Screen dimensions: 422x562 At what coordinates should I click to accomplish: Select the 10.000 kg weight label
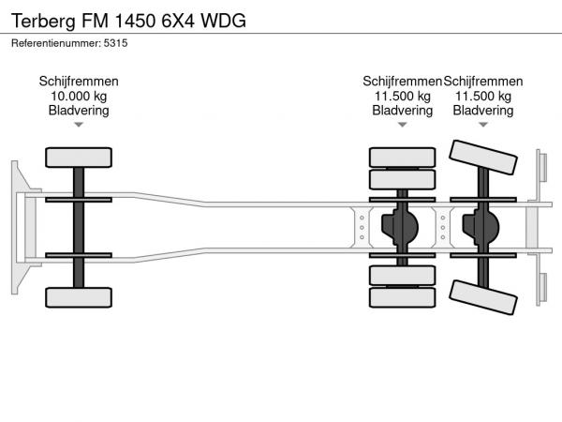pos(79,96)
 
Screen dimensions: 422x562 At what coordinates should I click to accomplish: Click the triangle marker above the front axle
pos(79,125)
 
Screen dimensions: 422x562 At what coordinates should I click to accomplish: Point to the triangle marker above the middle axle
pos(402,125)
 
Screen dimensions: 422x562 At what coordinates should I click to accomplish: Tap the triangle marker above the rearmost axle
pos(483,125)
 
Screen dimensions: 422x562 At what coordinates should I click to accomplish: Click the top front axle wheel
pos(80,156)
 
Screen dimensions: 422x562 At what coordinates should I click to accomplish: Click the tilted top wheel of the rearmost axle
pos(483,158)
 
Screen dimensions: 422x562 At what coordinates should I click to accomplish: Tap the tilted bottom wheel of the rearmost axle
pos(483,297)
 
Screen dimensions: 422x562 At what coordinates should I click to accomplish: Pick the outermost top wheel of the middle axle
pos(402,157)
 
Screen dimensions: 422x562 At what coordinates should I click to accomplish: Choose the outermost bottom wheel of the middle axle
pos(402,298)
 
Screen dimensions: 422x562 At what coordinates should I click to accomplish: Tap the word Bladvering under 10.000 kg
pos(79,111)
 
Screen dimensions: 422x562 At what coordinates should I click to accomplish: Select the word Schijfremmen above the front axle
pos(79,82)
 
